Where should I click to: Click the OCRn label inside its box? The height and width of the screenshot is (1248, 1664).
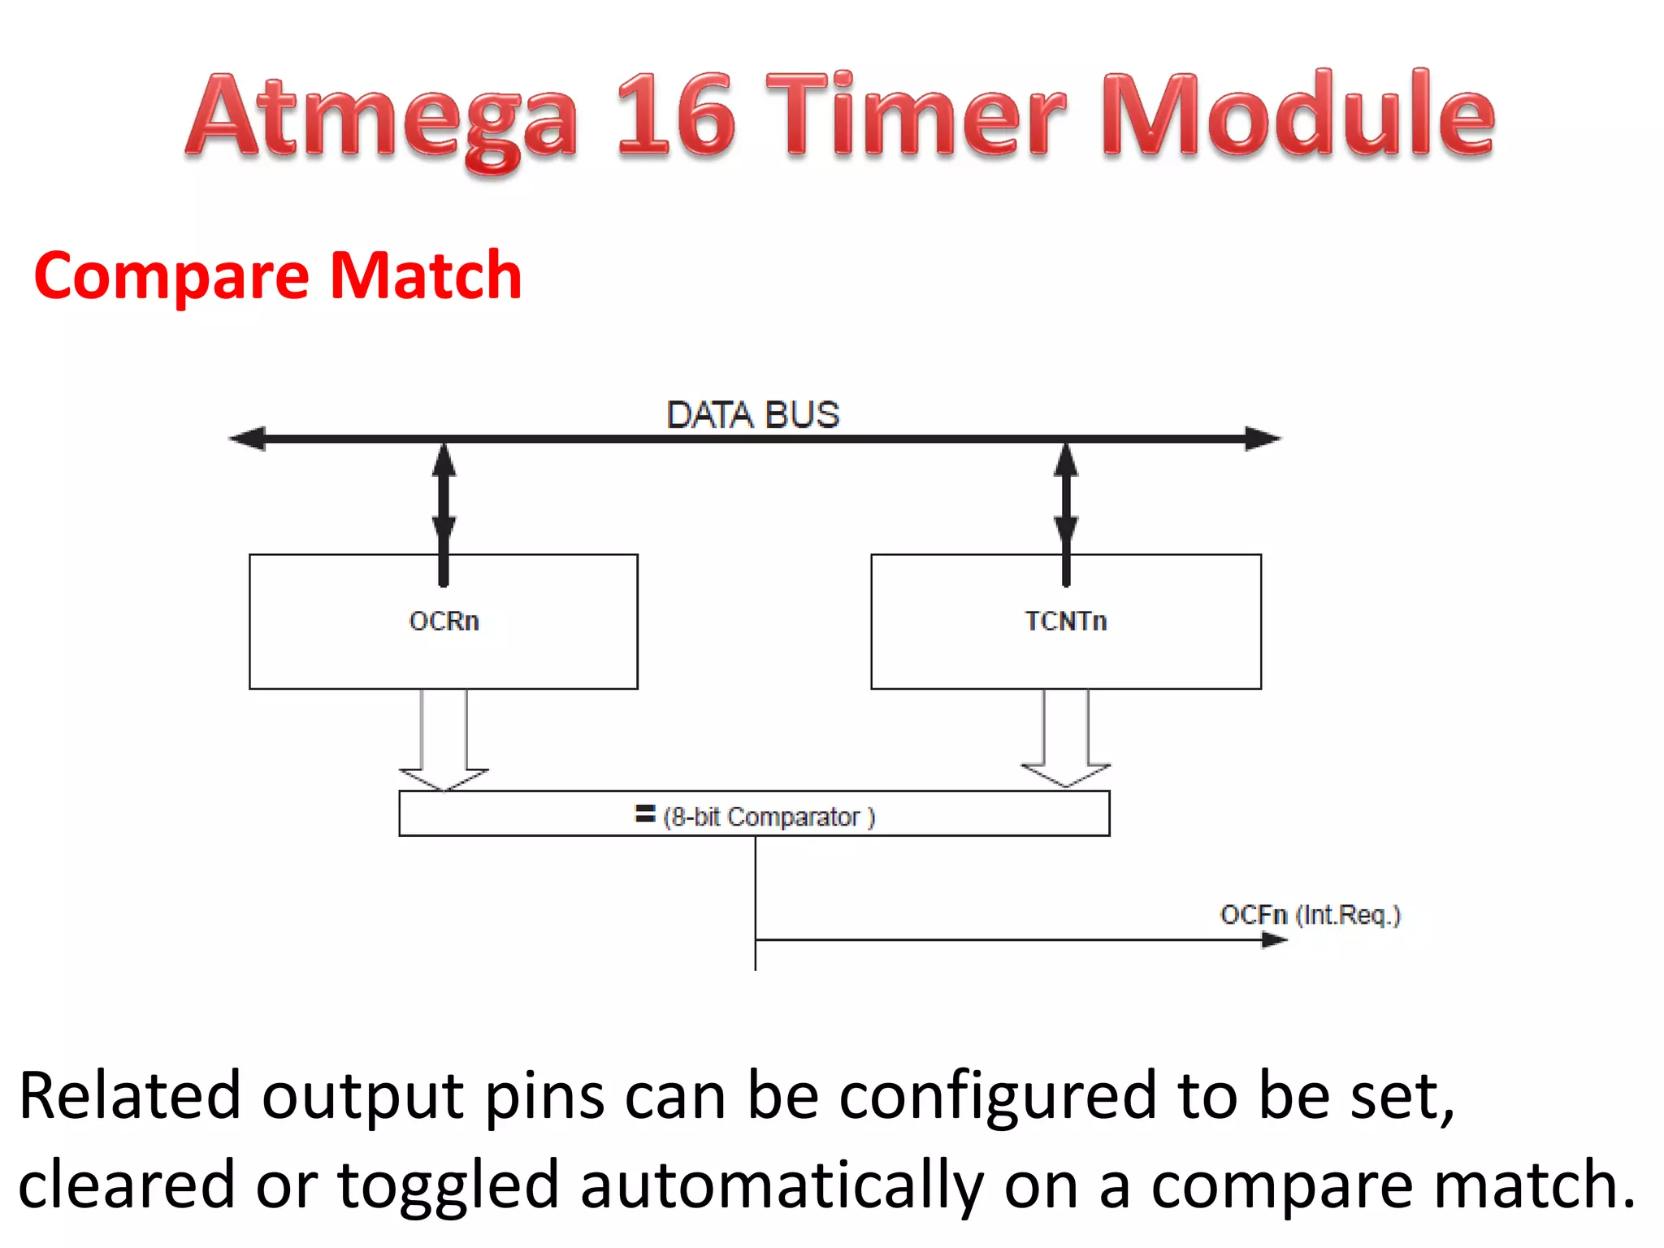point(444,622)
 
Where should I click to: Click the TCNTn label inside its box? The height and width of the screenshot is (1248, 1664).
point(1065,622)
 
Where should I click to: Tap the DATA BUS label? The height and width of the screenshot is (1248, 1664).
point(752,415)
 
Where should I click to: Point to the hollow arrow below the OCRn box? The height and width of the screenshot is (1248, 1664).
point(444,739)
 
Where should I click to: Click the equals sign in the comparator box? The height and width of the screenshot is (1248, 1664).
point(645,814)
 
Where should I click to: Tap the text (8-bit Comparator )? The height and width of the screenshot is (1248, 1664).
point(769,817)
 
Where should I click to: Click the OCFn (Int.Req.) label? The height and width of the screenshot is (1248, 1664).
point(1310,915)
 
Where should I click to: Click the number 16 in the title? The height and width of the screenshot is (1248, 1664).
point(676,115)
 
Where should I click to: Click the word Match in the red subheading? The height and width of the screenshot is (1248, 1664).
point(426,276)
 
